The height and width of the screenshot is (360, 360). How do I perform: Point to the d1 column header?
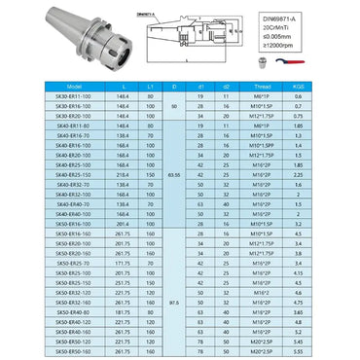pos(198,86)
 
